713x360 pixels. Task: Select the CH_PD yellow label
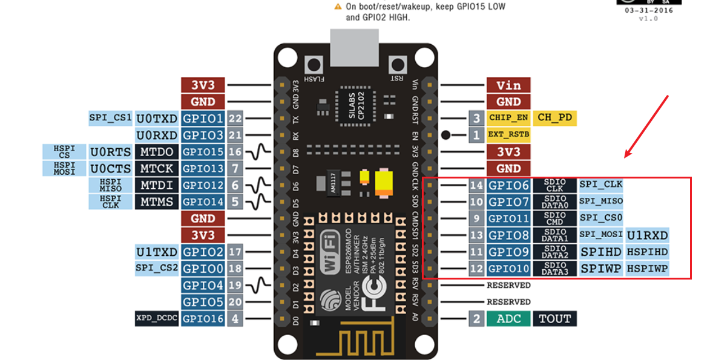pos(554,118)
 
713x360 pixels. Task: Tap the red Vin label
pos(508,85)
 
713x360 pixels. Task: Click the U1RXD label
pos(648,235)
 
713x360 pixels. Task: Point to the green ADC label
pos(508,318)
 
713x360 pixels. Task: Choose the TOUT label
pos(554,318)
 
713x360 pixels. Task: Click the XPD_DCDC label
pos(157,318)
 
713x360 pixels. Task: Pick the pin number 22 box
pos(235,119)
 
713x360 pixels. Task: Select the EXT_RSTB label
pos(508,135)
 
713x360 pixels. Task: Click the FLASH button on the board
pos(314,64)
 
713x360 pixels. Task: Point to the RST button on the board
pos(398,64)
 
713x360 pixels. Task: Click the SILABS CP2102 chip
pos(356,108)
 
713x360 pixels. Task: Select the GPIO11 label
pos(508,218)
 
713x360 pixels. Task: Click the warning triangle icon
pos(338,7)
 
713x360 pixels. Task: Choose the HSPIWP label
pos(648,269)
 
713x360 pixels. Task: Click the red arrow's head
pos(627,156)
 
